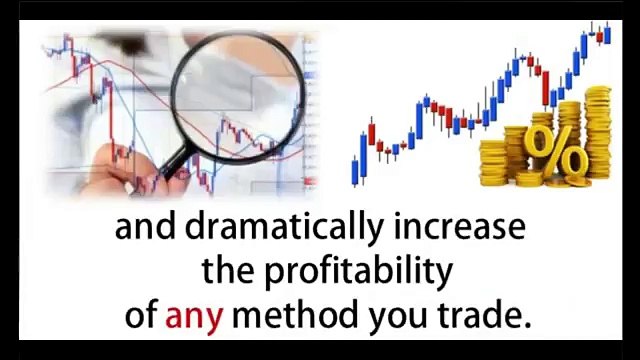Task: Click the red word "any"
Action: tap(194, 317)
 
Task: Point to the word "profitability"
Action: tap(359, 272)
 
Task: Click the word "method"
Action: tap(296, 314)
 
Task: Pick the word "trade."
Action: tap(485, 314)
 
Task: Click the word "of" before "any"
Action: tap(141, 314)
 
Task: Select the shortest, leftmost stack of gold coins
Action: tap(493, 162)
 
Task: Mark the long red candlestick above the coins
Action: tap(545, 89)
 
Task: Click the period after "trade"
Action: tap(527, 325)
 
